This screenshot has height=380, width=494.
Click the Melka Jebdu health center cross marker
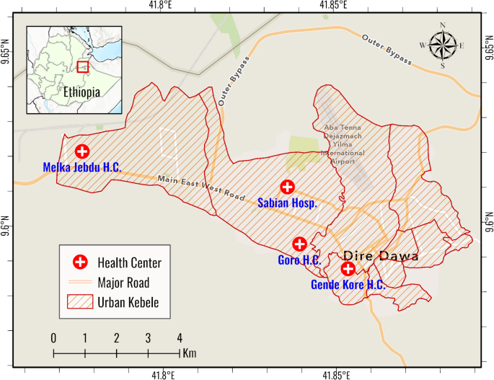[x=82, y=151]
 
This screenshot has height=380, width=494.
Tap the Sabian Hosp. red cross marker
[x=287, y=187]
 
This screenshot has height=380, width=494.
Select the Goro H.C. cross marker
[x=299, y=244]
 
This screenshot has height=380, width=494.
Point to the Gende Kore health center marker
[x=348, y=269]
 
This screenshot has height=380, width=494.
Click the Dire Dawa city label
[x=381, y=256]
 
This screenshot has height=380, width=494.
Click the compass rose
[x=442, y=45]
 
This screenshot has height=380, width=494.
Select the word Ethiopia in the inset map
[x=81, y=92]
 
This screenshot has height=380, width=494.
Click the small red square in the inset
[x=83, y=66]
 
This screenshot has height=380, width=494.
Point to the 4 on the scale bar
[x=180, y=338]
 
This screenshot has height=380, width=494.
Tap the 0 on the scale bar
[x=53, y=338]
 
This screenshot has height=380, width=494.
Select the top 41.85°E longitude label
[x=335, y=6]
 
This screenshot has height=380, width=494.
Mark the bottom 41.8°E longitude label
[x=162, y=374]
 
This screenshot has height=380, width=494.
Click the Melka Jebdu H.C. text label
[x=81, y=168]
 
